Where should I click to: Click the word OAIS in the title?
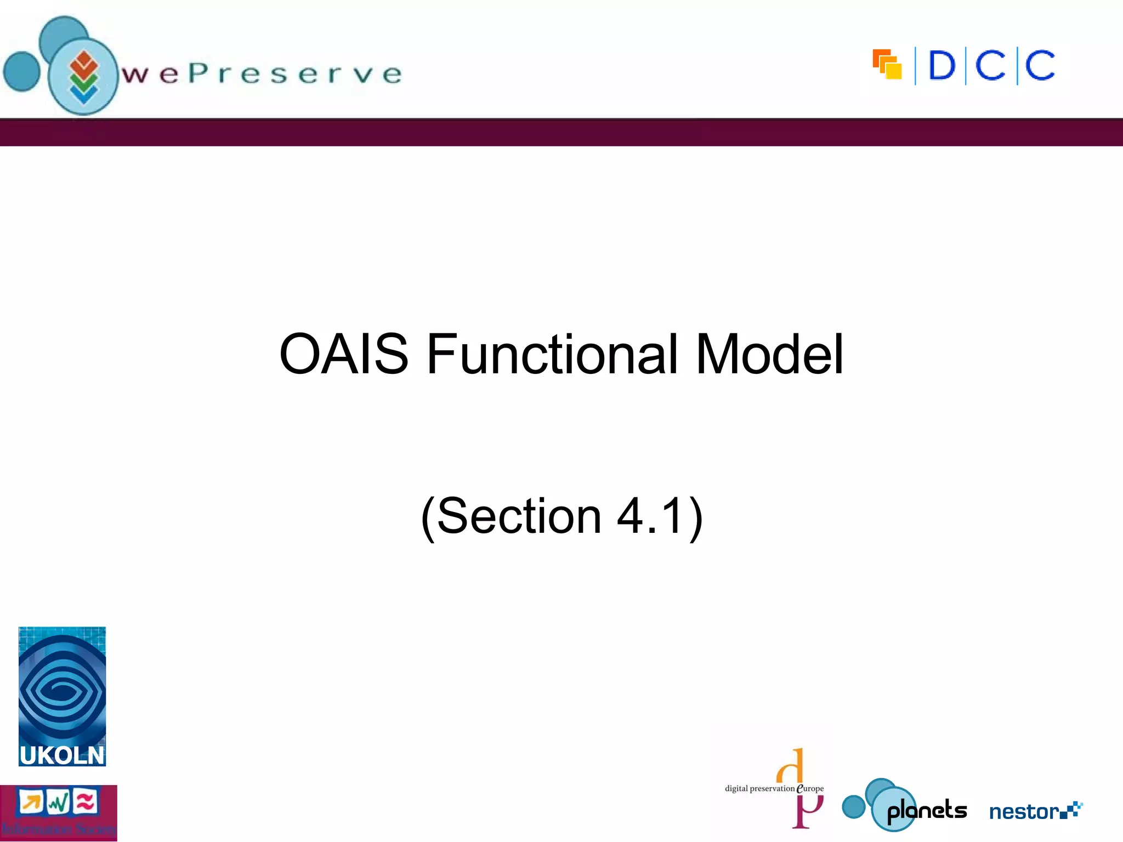click(344, 355)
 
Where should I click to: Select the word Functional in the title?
click(552, 355)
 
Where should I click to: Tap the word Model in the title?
click(769, 355)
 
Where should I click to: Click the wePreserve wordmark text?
click(262, 73)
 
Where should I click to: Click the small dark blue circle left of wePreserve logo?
click(22, 71)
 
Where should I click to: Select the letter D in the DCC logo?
click(941, 66)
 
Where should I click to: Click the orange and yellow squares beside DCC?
click(887, 65)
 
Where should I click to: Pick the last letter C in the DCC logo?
click(1040, 66)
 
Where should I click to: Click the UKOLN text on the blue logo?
click(61, 755)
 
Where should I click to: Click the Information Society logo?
click(58, 812)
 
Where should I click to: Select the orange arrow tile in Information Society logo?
click(31, 803)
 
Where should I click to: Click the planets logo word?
click(927, 810)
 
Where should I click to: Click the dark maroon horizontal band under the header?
click(561, 133)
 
